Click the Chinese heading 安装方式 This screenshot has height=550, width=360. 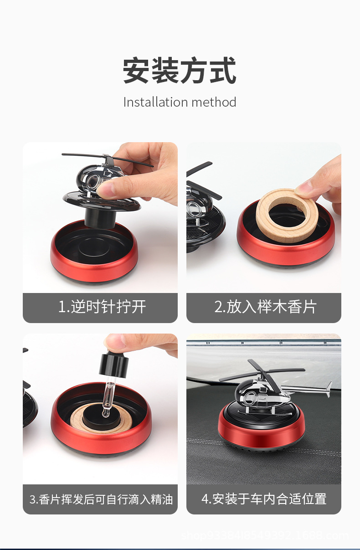click(x=180, y=71)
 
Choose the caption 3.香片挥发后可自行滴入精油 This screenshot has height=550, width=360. click(x=101, y=499)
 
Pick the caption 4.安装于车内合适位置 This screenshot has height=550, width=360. click(x=264, y=499)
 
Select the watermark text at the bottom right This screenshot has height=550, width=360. click(x=265, y=535)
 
